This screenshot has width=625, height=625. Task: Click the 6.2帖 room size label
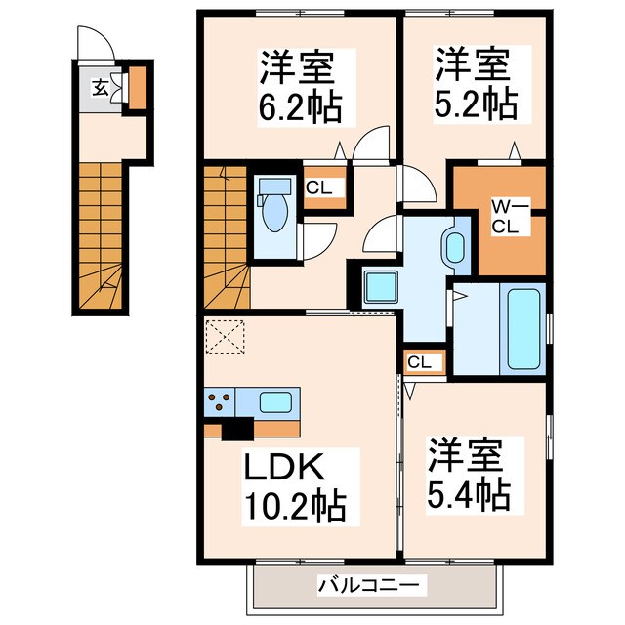300,107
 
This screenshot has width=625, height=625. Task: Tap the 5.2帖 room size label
476,104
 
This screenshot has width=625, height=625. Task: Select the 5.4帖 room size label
469,495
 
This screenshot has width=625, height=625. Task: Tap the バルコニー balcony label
369,586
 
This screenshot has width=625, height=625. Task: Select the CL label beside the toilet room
319,187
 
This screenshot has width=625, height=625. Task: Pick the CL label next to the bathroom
419,362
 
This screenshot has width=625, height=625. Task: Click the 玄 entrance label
100,88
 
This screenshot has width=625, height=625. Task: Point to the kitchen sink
275,402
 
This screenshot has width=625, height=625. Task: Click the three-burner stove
219,401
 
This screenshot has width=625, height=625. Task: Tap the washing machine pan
381,287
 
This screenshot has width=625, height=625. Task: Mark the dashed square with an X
225,336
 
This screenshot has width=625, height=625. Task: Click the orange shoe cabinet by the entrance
138,88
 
